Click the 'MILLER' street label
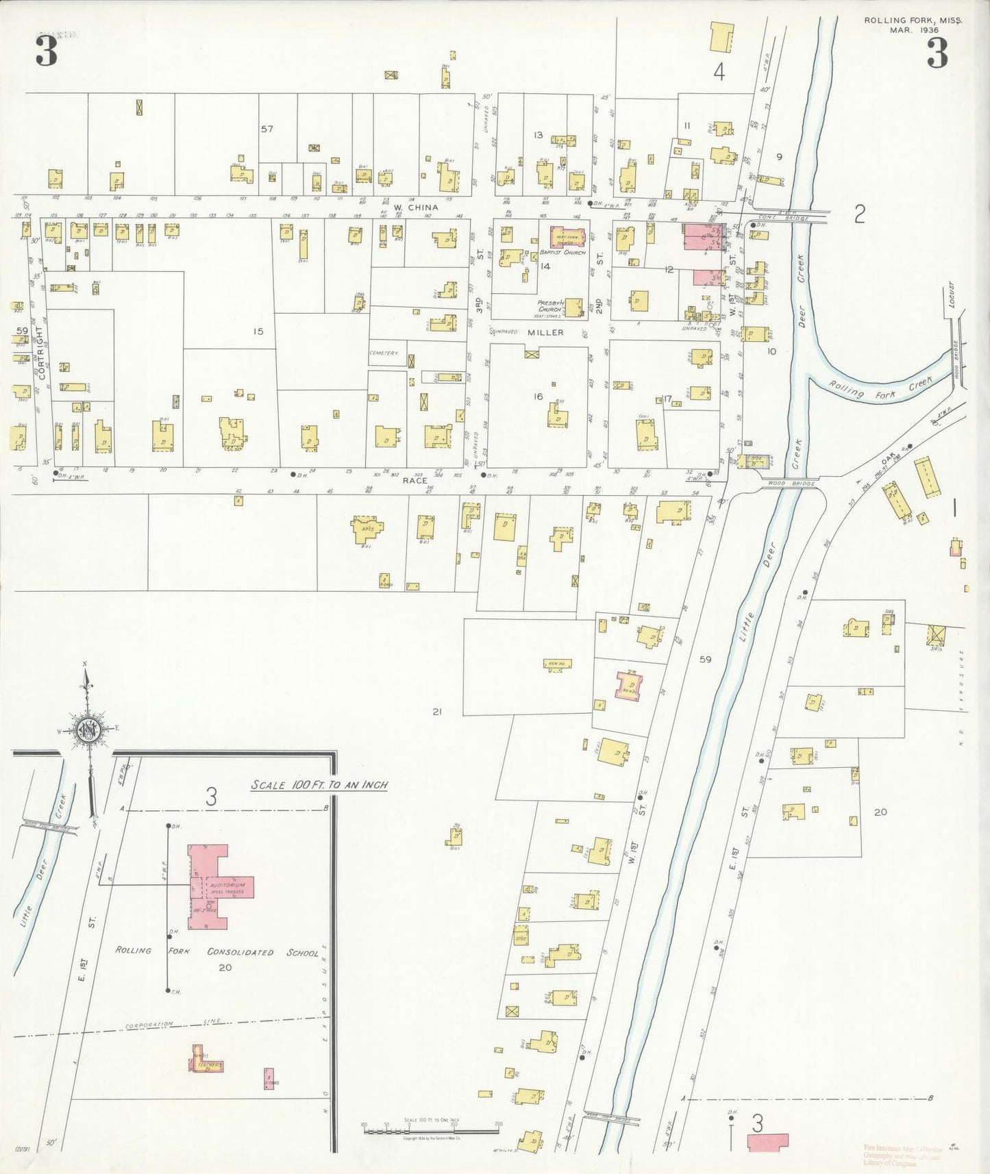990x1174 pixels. click(545, 332)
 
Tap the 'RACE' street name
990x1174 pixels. click(414, 481)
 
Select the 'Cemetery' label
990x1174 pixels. click(384, 353)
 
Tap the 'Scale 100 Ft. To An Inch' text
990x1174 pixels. click(319, 785)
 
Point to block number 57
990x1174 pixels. click(267, 129)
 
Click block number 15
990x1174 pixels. click(258, 332)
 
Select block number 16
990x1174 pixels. click(539, 397)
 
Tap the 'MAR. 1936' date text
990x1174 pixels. click(913, 30)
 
